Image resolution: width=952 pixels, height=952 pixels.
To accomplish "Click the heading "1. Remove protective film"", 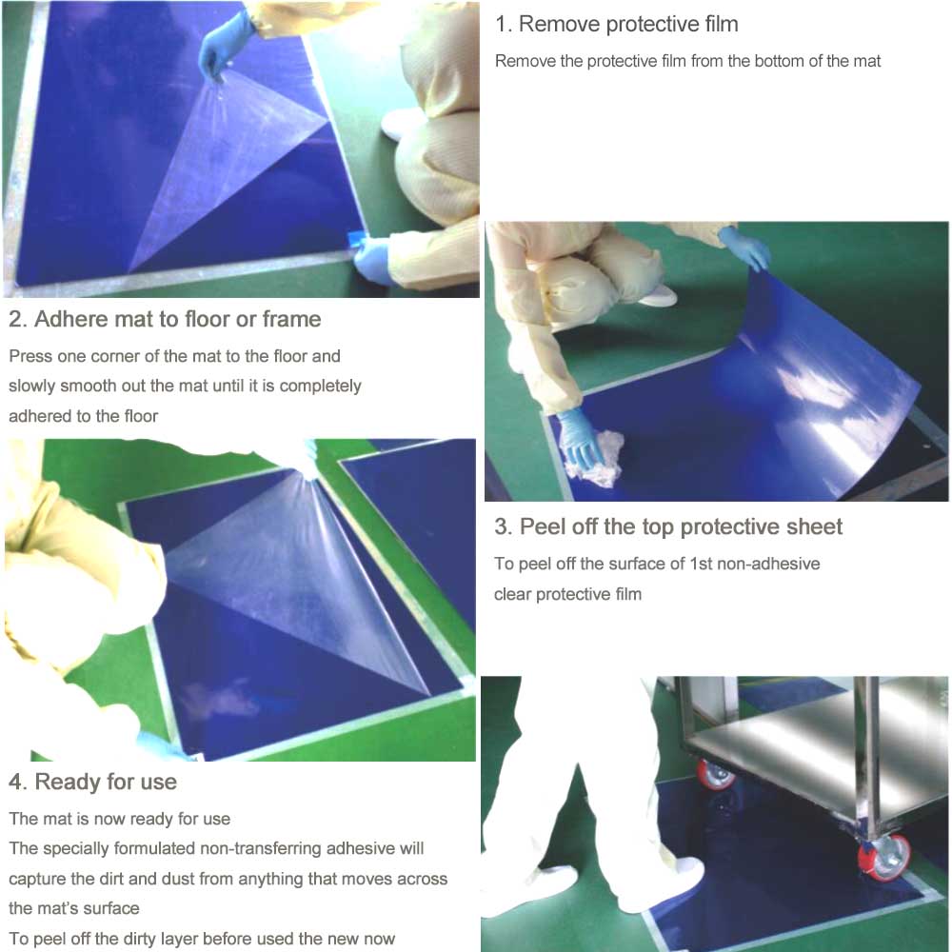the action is [x=616, y=25].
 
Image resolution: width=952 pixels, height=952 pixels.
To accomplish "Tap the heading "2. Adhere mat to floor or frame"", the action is [x=165, y=319].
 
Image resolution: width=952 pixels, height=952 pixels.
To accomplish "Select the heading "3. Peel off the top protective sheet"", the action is [x=668, y=527].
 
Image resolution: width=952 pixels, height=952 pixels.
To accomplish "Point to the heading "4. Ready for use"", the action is [x=92, y=782].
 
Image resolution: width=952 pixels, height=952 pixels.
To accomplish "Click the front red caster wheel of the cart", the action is [x=883, y=856].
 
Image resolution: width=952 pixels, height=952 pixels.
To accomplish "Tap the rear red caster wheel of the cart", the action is [x=715, y=774].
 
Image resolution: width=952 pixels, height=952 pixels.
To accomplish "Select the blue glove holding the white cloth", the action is [x=579, y=436].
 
